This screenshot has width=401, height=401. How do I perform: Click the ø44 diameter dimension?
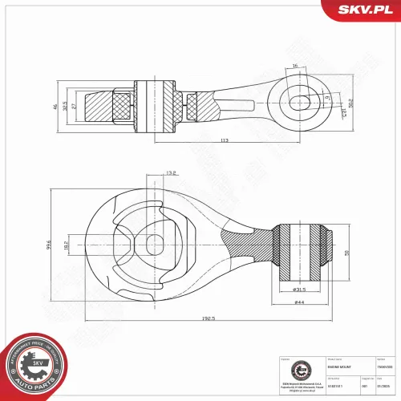pyautogui.click(x=300, y=302)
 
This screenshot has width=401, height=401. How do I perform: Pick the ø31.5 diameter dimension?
pyautogui.click(x=300, y=290)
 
